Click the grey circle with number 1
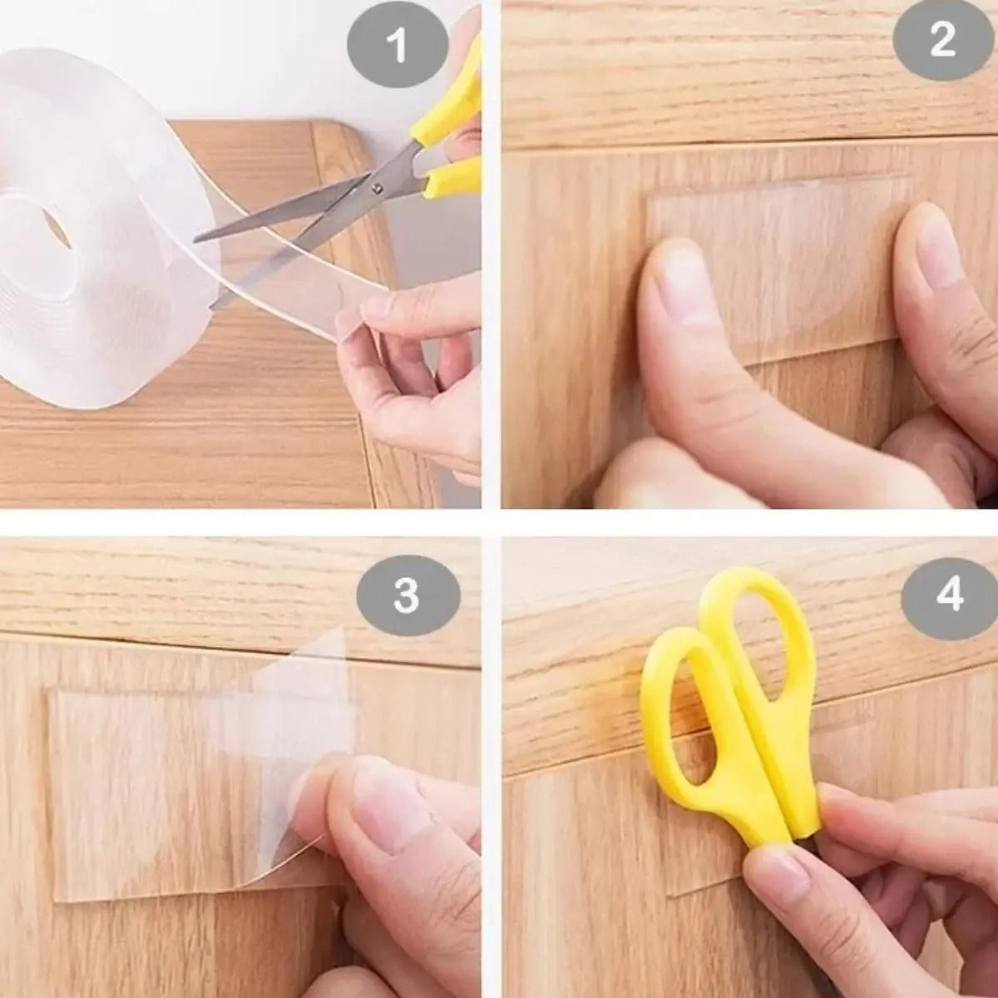pos(398,46)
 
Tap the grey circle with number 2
pos(942,41)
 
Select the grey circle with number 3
pos(406,595)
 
